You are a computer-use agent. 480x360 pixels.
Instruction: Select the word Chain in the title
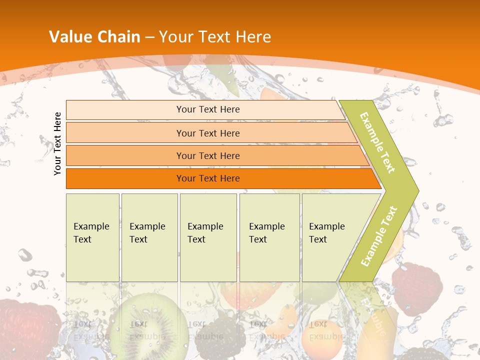[x=118, y=36]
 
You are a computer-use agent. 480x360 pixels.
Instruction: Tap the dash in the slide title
[x=149, y=37]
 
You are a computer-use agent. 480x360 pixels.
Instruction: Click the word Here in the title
[x=253, y=36]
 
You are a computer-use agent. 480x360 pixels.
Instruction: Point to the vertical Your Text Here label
[x=57, y=143]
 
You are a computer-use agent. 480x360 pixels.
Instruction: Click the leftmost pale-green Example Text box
[x=92, y=237]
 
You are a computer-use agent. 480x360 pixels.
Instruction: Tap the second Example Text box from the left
[x=149, y=237]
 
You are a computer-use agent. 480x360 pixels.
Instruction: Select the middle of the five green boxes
[x=208, y=237]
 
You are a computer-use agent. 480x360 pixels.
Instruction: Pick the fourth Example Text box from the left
[x=269, y=237]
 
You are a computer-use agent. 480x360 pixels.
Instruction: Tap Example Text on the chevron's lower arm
[x=378, y=236]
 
